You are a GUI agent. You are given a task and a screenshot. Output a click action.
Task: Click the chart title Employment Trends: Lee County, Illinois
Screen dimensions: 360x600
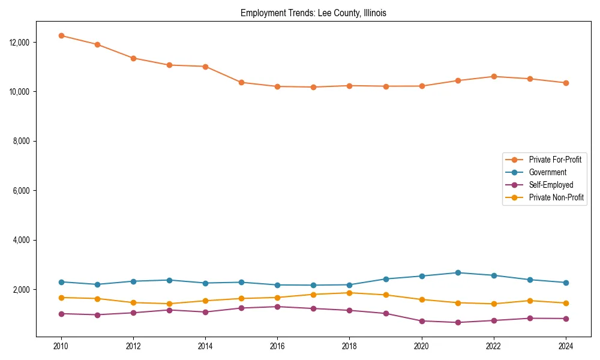pyautogui.click(x=313, y=13)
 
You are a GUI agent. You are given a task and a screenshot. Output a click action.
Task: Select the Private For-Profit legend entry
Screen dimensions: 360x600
pyautogui.click(x=554, y=160)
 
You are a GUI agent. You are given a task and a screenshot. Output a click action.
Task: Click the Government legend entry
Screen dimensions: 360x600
pyautogui.click(x=547, y=172)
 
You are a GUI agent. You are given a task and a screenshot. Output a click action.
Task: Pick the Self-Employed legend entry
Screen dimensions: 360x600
pyautogui.click(x=551, y=185)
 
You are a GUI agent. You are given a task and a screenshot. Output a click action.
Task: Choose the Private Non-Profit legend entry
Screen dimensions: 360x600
pyautogui.click(x=556, y=197)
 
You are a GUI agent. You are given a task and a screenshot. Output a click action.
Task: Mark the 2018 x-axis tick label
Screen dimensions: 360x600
pyautogui.click(x=350, y=346)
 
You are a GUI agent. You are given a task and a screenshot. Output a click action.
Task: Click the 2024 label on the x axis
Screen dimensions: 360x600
pyautogui.click(x=566, y=346)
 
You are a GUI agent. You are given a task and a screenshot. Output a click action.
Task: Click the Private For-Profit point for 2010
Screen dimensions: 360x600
pyautogui.click(x=61, y=35)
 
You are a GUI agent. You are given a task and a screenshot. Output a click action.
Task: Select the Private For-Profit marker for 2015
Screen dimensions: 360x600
pyautogui.click(x=241, y=82)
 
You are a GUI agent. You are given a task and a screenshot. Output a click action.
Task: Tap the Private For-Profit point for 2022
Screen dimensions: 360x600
pyautogui.click(x=494, y=76)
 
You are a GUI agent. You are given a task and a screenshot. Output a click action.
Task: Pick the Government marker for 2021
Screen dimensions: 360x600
pyautogui.click(x=458, y=272)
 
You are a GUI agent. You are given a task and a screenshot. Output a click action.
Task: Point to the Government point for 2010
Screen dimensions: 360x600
pyautogui.click(x=61, y=282)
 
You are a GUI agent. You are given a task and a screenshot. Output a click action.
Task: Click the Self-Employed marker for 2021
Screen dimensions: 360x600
pyautogui.click(x=458, y=322)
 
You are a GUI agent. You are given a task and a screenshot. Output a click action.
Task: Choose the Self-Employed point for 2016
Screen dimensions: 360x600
pyautogui.click(x=277, y=307)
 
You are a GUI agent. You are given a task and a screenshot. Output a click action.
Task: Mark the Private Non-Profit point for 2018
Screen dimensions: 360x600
pyautogui.click(x=350, y=293)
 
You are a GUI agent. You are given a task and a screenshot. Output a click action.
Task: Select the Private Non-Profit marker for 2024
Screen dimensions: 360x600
pyautogui.click(x=566, y=303)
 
